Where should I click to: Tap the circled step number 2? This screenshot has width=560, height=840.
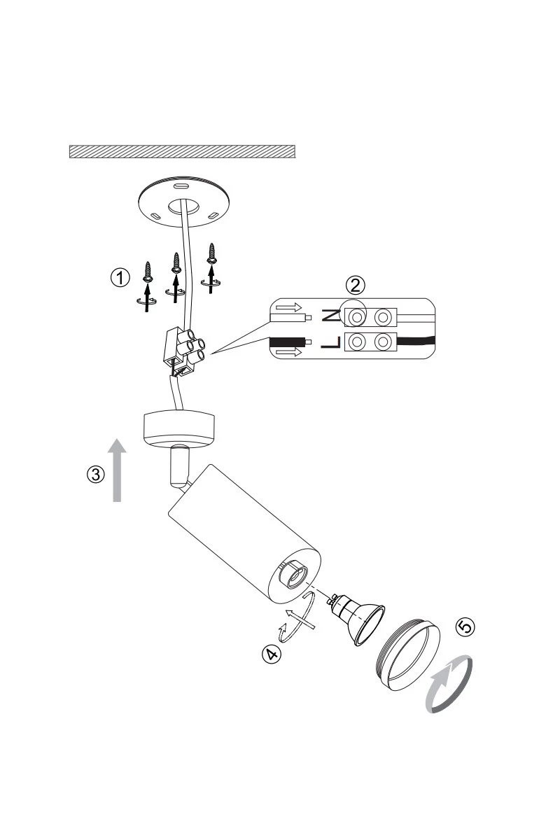click(356, 284)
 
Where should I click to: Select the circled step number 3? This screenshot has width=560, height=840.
click(96, 474)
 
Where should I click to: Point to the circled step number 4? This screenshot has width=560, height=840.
click(271, 654)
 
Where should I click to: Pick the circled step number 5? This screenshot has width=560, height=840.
click(464, 626)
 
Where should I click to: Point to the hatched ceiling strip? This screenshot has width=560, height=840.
click(183, 151)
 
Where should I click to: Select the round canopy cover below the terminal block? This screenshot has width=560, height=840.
click(180, 427)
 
